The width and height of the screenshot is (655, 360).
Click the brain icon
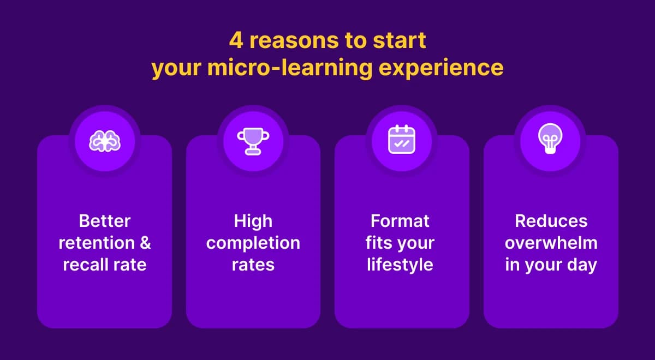coord(104,141)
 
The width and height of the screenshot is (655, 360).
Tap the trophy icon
coord(253,141)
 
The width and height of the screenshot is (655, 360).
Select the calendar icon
coord(401,140)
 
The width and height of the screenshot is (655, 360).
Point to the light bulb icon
coord(550,140)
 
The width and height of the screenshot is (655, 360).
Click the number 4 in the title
coord(235,41)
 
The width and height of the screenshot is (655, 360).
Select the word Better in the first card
coord(104,221)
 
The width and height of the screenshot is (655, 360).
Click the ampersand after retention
coord(144,243)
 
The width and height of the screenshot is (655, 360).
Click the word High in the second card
coord(253,221)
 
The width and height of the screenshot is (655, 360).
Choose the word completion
coord(253,243)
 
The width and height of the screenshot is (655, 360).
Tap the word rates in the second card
coord(253,265)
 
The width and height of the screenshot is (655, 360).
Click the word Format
coord(400,221)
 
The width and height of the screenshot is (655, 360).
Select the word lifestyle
coord(400,265)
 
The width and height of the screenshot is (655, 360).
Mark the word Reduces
coord(551,221)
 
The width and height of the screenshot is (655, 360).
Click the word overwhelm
coord(551,243)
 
